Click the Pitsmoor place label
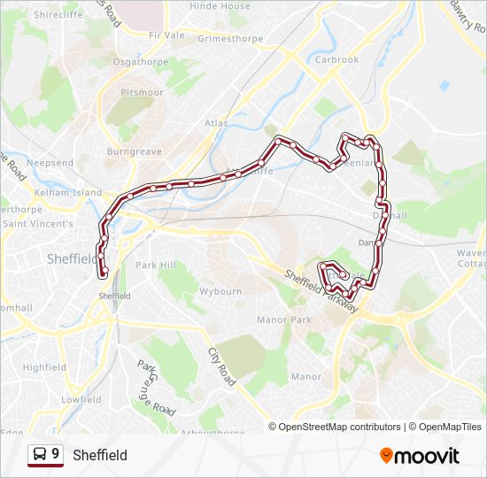click(142, 91)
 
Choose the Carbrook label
click(336, 60)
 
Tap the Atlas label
click(216, 123)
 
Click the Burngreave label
click(133, 152)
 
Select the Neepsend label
click(50, 164)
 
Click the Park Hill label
click(156, 266)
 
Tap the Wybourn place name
click(220, 290)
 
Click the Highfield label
click(44, 367)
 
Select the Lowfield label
click(81, 399)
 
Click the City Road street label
click(221, 366)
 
